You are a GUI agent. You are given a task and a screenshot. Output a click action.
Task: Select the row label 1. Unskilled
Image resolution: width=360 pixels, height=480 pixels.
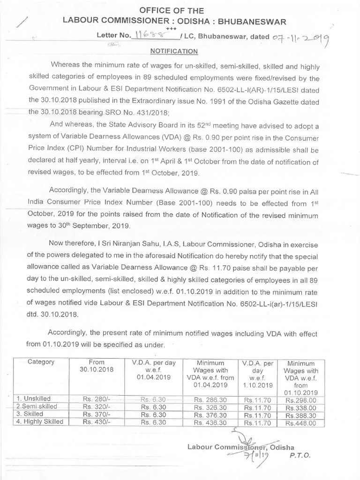(x=34, y=398)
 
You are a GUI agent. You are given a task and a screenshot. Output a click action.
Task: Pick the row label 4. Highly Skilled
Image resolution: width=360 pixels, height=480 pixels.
(x=40, y=422)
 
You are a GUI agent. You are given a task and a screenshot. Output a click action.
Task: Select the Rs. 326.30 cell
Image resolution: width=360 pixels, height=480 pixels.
(x=211, y=407)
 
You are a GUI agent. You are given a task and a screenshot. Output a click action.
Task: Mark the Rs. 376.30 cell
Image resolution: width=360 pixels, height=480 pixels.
(x=211, y=415)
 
